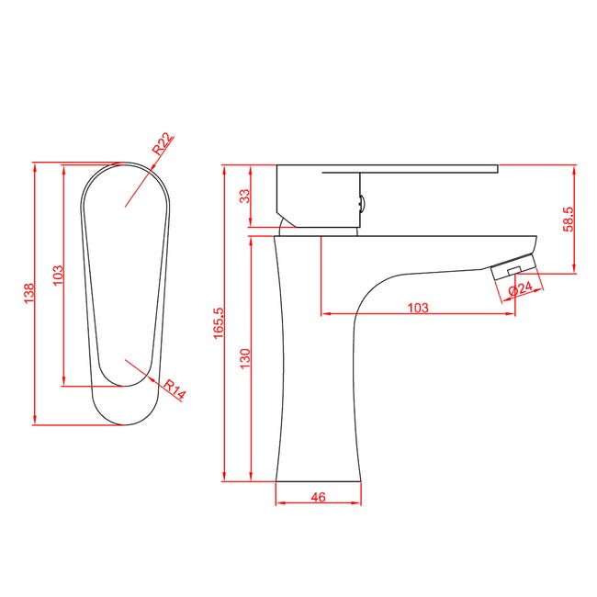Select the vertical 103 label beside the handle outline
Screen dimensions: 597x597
click(55, 275)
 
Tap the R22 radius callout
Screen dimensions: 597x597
click(163, 143)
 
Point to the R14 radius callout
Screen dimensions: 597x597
click(175, 389)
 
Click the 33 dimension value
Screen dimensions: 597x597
click(244, 196)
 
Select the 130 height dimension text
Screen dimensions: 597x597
click(244, 358)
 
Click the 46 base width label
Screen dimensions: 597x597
click(318, 497)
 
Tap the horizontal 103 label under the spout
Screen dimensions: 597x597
click(417, 308)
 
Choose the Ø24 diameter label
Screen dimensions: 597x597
click(522, 288)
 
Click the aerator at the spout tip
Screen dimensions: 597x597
click(511, 267)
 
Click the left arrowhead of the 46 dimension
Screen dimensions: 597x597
click(279, 504)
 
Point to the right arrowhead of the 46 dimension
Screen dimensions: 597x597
click(356, 504)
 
